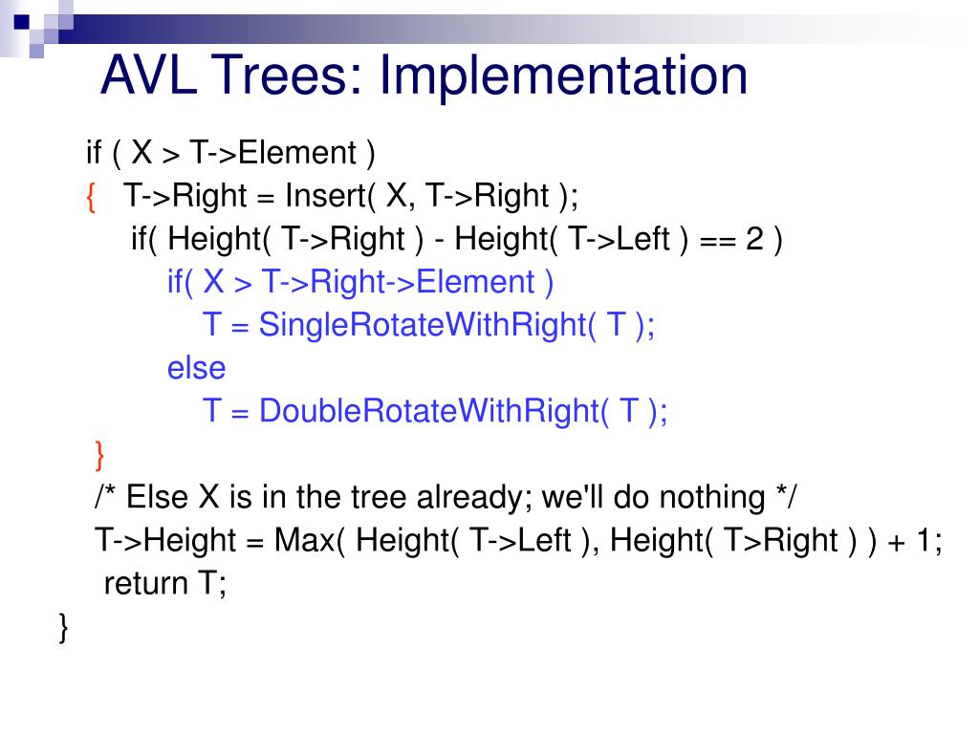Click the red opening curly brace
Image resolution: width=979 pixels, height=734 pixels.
tap(91, 196)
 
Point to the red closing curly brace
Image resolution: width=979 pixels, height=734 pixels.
tap(100, 454)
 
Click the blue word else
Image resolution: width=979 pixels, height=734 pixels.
tap(196, 368)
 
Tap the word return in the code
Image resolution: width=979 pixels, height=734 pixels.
tap(146, 583)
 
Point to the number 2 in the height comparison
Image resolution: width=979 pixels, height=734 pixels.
tap(755, 239)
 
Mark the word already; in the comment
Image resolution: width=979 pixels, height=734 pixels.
tap(473, 497)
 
